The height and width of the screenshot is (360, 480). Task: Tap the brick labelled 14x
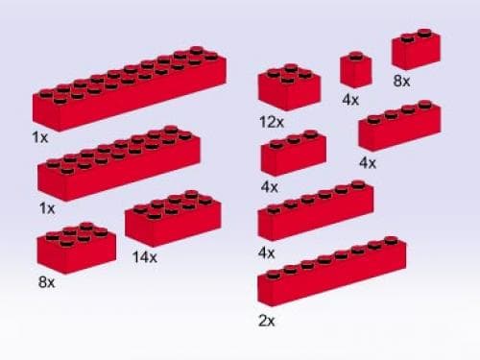[172, 220]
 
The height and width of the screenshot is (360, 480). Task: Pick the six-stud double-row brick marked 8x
[77, 248]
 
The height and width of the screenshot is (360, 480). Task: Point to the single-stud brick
[355, 70]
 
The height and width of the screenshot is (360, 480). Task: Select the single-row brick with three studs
[293, 154]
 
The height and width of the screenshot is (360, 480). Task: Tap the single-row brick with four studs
[398, 127]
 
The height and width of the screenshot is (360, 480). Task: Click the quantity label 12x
[271, 122]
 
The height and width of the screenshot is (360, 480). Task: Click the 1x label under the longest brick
[39, 137]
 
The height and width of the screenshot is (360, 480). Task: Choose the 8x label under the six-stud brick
[45, 284]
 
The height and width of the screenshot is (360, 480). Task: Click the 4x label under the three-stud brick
[269, 186]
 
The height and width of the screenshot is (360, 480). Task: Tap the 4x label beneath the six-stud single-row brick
[266, 252]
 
